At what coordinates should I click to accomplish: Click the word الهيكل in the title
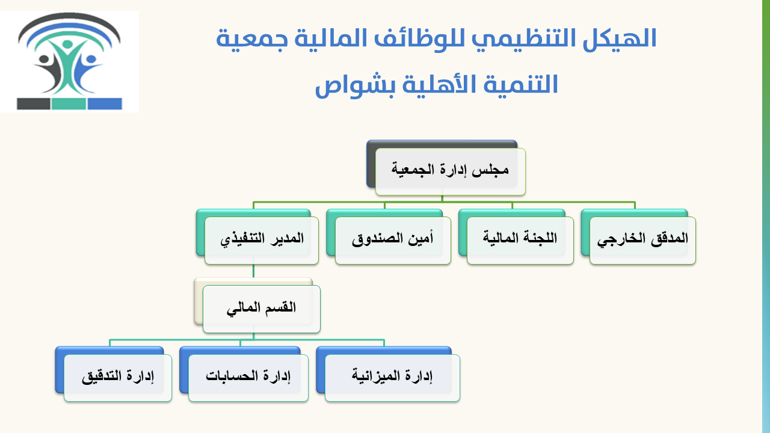pos(620,38)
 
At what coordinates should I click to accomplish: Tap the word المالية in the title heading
pos(331,38)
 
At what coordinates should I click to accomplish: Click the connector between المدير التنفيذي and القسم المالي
pos(253,271)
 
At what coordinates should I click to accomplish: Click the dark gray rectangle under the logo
pos(34,104)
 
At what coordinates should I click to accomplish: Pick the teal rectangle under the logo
pos(69,104)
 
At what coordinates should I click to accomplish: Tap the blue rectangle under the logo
pos(105,104)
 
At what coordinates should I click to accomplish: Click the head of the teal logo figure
pos(68,45)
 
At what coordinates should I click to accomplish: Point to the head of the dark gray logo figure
pos(45,58)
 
